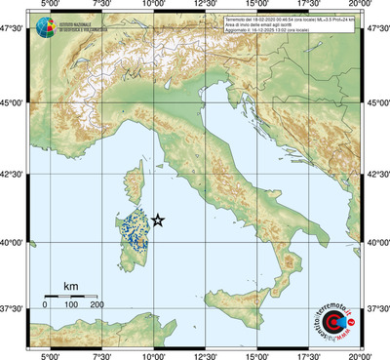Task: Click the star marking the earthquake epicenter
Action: tap(159, 221)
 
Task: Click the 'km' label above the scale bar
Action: tap(70, 285)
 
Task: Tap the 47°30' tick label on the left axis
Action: tap(12, 32)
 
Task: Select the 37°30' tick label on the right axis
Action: tap(377, 308)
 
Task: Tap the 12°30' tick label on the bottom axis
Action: tap(206, 354)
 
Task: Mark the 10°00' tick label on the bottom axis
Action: tap(153, 354)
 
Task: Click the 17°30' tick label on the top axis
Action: tap(310, 7)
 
